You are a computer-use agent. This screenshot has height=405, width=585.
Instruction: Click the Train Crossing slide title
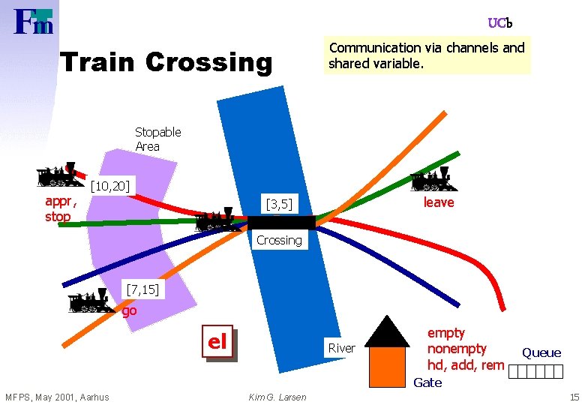[166, 62]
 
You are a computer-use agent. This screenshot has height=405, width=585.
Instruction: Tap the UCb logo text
[500, 23]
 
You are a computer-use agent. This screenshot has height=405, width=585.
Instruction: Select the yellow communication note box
[427, 55]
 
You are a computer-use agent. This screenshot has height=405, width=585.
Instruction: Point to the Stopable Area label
[158, 139]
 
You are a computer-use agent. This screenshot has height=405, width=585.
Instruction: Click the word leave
[439, 202]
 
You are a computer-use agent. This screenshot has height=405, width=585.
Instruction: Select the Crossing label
[279, 240]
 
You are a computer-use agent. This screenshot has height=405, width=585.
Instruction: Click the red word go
[130, 310]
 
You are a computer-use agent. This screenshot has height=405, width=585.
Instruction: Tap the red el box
[217, 342]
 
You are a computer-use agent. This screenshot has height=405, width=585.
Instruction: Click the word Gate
[427, 382]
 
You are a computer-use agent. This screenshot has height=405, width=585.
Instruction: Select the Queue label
[541, 352]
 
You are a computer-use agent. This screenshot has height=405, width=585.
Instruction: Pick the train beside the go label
[91, 301]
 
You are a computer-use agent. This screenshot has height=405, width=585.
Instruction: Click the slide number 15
[574, 397]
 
